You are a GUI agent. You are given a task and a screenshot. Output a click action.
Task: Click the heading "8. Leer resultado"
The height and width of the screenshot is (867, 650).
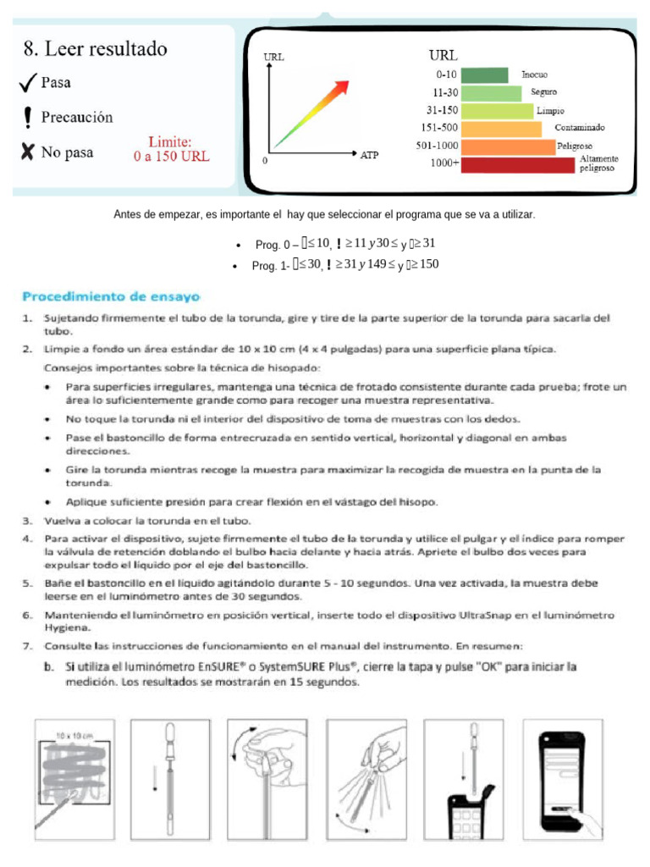click(x=95, y=49)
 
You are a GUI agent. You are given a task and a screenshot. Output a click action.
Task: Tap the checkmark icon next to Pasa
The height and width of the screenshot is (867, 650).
click(x=28, y=83)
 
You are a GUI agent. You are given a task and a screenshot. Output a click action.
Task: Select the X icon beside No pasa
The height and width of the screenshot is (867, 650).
click(x=28, y=152)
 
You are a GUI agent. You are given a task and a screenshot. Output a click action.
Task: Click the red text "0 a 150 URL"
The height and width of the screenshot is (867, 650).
click(x=171, y=156)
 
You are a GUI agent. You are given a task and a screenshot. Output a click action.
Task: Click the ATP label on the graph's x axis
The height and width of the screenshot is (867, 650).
click(x=369, y=156)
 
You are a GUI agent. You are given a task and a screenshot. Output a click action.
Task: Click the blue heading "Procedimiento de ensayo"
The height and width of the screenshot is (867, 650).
click(x=111, y=297)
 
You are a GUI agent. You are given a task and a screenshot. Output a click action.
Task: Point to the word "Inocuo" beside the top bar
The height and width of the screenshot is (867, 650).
click(x=534, y=75)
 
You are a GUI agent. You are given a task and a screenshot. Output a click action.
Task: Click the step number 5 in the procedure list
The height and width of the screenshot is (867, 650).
click(x=27, y=583)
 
